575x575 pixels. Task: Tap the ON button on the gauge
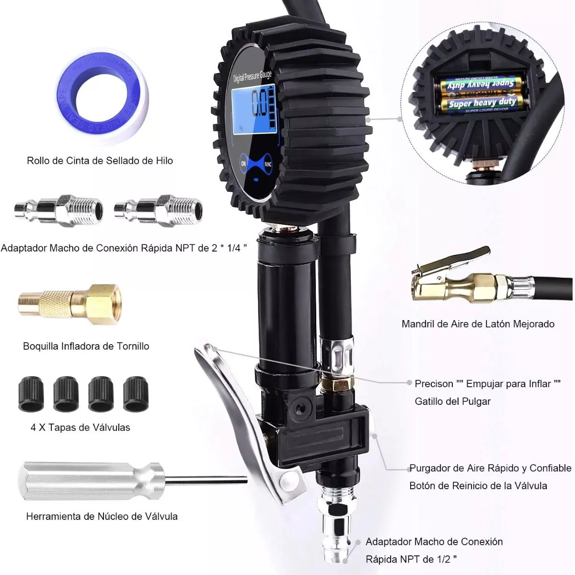(243, 163)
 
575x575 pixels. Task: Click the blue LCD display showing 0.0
(254, 110)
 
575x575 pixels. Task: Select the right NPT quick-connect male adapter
(158, 210)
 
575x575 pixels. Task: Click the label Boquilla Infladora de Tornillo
(86, 346)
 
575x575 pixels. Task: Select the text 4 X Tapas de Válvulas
(80, 427)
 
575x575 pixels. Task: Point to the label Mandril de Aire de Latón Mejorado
(478, 324)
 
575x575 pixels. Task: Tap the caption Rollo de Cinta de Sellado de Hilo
(100, 161)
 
